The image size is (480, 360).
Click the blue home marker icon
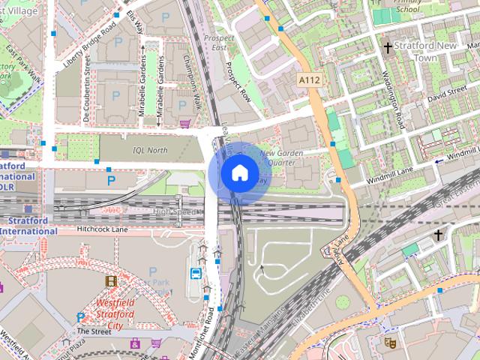[x=238, y=173]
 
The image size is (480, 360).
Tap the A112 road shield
[x=310, y=79]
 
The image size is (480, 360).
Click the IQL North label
[x=150, y=149]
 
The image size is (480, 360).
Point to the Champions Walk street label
[x=194, y=82]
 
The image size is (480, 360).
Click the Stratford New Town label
[x=426, y=51]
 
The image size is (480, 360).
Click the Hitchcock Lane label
[x=97, y=229]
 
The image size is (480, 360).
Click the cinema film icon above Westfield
[x=111, y=281]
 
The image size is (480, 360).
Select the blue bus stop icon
[x=196, y=274]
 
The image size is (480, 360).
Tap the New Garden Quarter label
[x=282, y=157]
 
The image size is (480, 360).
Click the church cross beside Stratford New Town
[x=388, y=47]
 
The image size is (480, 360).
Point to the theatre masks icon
[x=390, y=341]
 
